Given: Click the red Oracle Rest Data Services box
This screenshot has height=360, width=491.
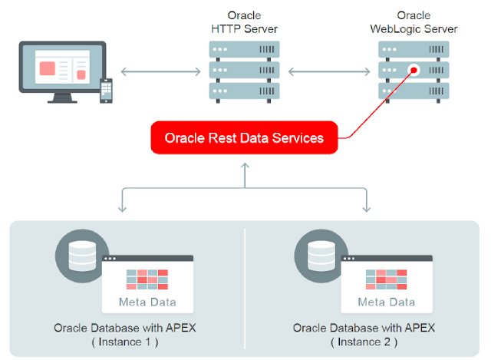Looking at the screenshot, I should click(243, 138).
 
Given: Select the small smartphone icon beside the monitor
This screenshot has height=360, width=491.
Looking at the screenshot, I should click(107, 91).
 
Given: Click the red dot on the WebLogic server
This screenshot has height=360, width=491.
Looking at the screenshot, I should click(414, 70).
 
